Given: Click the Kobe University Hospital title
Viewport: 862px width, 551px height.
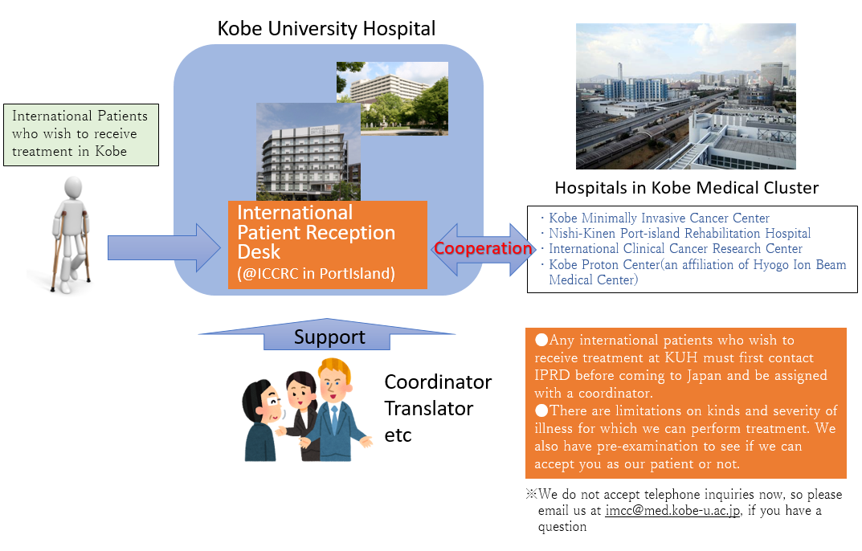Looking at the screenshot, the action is [326, 29].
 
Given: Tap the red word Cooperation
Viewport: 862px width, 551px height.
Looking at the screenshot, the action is [483, 248].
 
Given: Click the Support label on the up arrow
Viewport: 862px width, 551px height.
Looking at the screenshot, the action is [329, 337].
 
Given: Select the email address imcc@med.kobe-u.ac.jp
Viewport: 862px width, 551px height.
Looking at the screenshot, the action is [672, 511].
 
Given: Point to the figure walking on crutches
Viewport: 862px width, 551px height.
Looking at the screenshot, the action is [71, 235].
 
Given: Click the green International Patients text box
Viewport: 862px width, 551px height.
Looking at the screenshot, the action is [81, 135].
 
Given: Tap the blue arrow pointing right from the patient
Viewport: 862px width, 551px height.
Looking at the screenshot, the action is [164, 247].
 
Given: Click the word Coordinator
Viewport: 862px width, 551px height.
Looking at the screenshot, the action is [438, 382].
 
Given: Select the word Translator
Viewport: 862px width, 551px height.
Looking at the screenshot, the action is [428, 409].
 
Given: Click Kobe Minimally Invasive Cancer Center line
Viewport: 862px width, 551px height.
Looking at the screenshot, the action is [659, 218].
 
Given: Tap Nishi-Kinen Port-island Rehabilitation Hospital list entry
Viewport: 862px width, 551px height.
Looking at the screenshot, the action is [680, 234].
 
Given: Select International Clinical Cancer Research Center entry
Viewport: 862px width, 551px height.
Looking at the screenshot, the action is [675, 249].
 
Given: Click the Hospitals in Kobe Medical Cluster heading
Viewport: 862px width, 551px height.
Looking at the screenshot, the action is [687, 188].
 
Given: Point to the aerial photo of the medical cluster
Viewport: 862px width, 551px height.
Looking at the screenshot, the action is [685, 96].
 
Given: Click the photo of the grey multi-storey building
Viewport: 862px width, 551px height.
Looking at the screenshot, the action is [308, 152].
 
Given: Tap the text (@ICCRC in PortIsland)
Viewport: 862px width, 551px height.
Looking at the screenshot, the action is [316, 273].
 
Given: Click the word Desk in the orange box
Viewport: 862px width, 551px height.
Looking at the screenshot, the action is [259, 252].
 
